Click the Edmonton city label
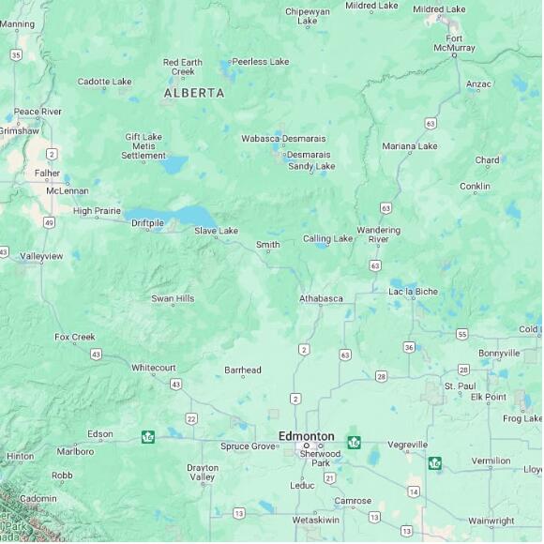[x=306, y=436]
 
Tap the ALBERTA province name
[x=194, y=93]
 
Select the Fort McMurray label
[x=454, y=42]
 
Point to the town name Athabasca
[x=321, y=298]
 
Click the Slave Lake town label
[x=216, y=231]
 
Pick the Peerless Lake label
[x=260, y=62]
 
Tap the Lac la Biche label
[x=413, y=292]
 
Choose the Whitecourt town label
[x=153, y=368]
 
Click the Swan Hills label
[x=173, y=298]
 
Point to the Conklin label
[x=475, y=187]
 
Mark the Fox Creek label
[x=75, y=337]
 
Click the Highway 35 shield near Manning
[x=16, y=54]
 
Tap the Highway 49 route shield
[x=48, y=222]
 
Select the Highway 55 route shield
[x=461, y=334]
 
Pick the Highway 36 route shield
[x=409, y=347]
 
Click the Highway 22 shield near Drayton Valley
[x=191, y=418]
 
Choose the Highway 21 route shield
[x=329, y=477]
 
